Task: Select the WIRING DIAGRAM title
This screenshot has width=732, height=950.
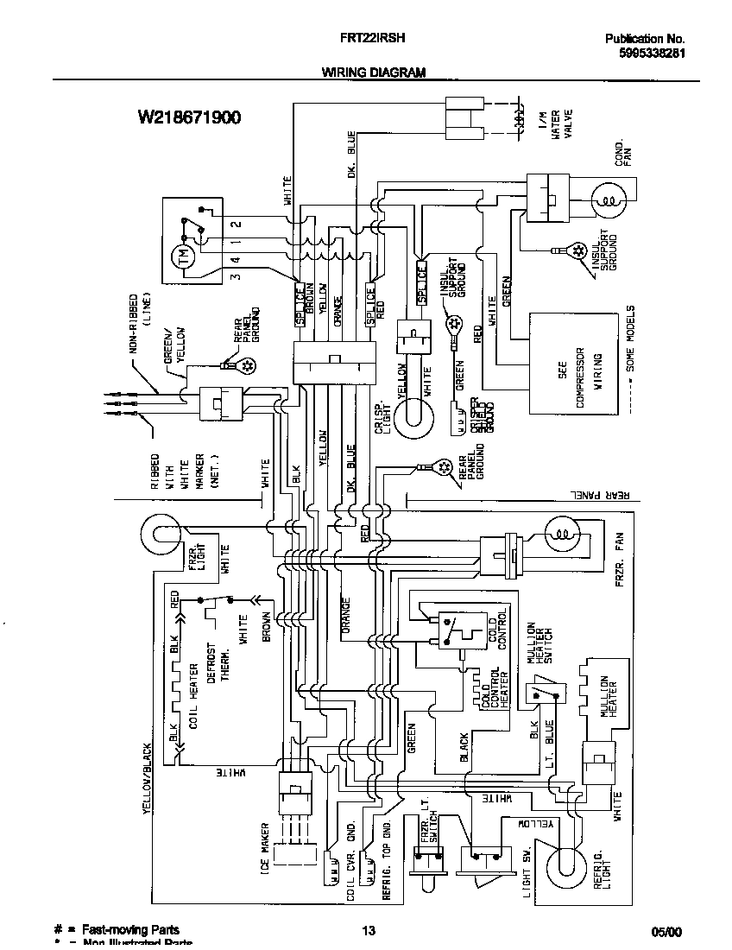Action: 374,73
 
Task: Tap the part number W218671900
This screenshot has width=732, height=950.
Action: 188,117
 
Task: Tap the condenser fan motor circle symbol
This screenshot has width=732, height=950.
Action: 609,202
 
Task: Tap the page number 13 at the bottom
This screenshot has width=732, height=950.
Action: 368,930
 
